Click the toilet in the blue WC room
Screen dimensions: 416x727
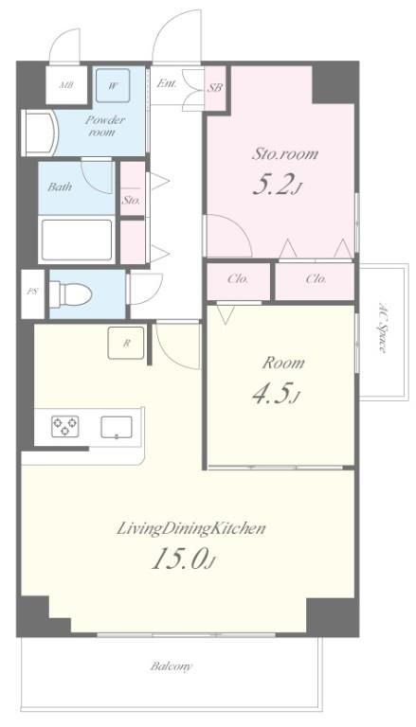(x=70, y=293)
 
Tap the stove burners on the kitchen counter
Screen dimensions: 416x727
(x=65, y=426)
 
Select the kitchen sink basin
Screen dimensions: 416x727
(x=116, y=427)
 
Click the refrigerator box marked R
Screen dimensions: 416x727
(x=126, y=343)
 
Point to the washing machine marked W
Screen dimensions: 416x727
(x=113, y=86)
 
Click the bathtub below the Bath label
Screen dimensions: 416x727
(x=77, y=239)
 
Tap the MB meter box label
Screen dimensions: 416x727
(x=66, y=86)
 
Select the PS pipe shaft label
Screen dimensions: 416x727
(x=32, y=293)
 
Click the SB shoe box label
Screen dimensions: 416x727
(x=215, y=88)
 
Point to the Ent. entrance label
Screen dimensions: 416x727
(x=166, y=83)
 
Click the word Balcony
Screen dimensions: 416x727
(x=171, y=666)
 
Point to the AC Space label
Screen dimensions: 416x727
(x=382, y=328)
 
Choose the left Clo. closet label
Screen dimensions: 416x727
(x=238, y=279)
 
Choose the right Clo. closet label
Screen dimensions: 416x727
(x=317, y=279)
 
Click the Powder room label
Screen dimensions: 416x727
(x=105, y=126)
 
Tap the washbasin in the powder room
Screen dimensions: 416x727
(x=40, y=133)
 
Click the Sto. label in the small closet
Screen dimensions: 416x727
(x=132, y=202)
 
